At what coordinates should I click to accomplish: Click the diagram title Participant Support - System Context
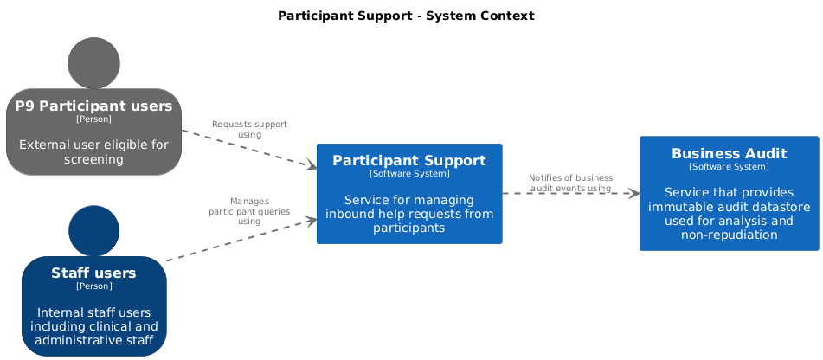click(x=406, y=16)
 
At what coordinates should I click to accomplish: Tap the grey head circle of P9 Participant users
click(x=94, y=63)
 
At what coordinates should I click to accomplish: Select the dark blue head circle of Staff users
click(x=94, y=231)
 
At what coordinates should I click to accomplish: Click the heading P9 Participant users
click(x=93, y=106)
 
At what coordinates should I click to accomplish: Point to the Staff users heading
click(x=93, y=273)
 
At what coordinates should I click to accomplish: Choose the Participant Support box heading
click(x=409, y=160)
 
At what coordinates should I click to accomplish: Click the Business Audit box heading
click(x=729, y=153)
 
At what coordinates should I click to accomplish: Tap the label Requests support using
click(x=249, y=129)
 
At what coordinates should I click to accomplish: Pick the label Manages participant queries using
click(x=249, y=211)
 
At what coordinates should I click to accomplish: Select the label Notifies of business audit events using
click(x=570, y=183)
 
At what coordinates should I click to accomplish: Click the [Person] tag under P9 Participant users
click(x=93, y=119)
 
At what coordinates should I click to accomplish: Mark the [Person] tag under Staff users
click(x=93, y=286)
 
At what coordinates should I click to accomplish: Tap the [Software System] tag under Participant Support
click(x=409, y=173)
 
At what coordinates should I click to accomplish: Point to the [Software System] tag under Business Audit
click(x=729, y=166)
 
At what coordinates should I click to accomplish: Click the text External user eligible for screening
click(x=93, y=151)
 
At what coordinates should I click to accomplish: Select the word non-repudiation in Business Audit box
click(x=729, y=235)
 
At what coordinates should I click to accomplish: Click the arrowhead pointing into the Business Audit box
click(x=633, y=193)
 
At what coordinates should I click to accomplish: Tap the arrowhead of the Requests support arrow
click(x=312, y=166)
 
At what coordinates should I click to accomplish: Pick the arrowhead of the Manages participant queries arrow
click(x=312, y=221)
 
